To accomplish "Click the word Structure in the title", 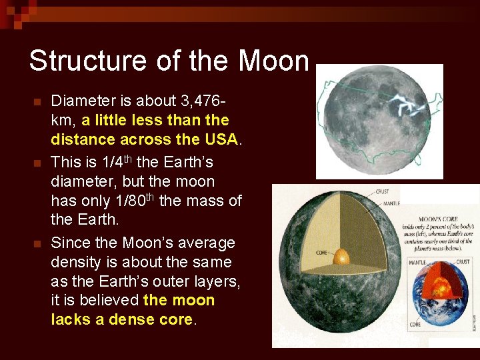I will pyautogui.click(x=74, y=61).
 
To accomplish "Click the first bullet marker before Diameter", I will pyautogui.click(x=37, y=102).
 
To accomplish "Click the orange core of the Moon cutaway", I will pyautogui.click(x=341, y=257).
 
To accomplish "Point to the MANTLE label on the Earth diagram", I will pyautogui.click(x=417, y=263).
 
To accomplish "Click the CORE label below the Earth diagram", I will pyautogui.click(x=415, y=324).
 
